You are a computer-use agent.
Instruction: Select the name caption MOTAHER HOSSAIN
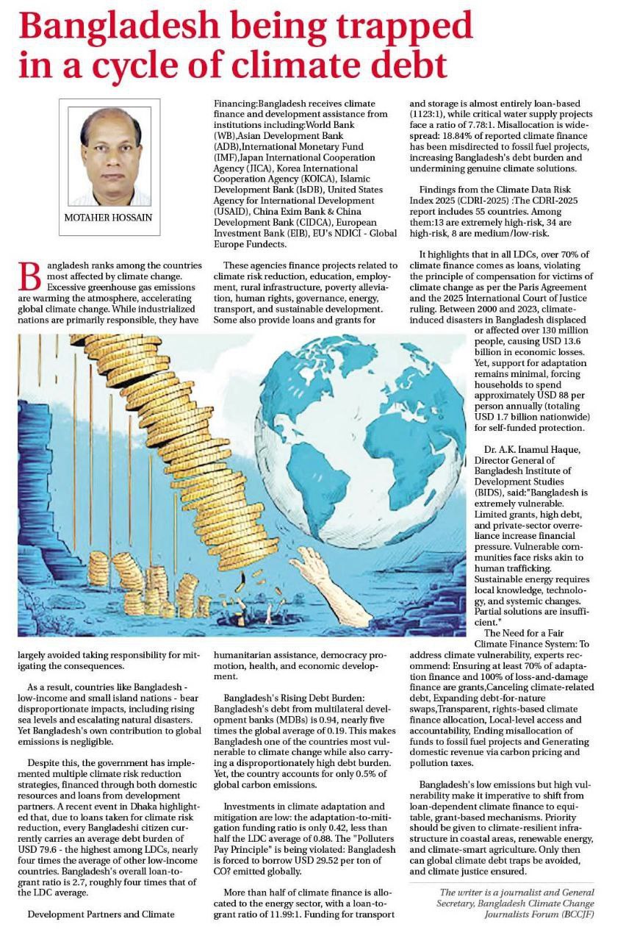108,218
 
